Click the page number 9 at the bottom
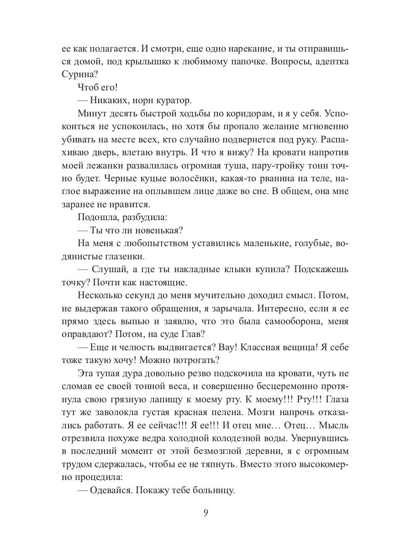[x=205, y=512]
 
